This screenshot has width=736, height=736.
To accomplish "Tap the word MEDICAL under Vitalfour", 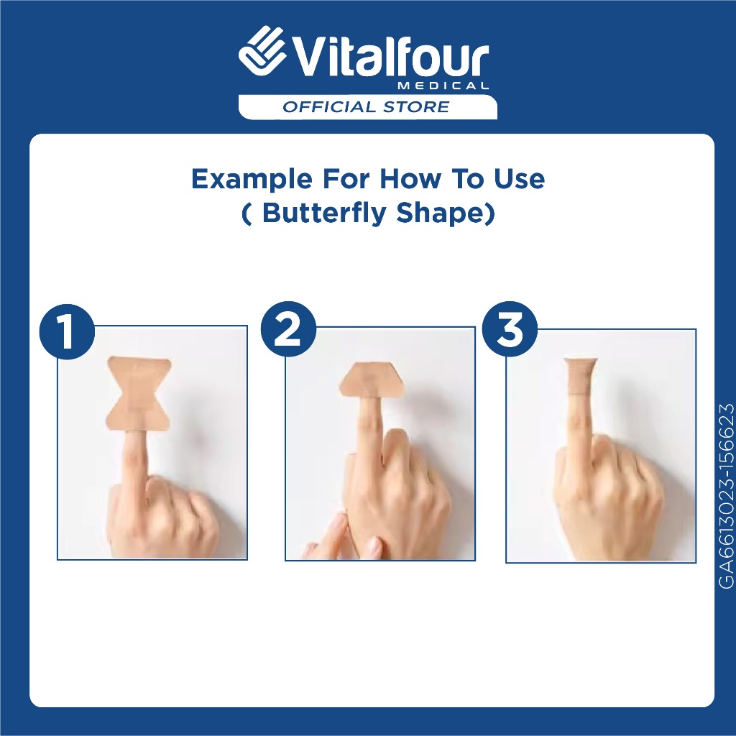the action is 443,86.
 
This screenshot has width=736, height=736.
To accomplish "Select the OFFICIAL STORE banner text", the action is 366,106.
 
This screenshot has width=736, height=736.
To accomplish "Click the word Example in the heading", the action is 252,180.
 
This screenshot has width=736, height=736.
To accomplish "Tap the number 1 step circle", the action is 66,332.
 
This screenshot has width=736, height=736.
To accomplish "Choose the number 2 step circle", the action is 287,329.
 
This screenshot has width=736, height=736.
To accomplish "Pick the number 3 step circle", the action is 510,329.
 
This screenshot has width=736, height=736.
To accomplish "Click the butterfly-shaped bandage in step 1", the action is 139,393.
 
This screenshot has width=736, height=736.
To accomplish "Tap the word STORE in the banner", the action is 416,106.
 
